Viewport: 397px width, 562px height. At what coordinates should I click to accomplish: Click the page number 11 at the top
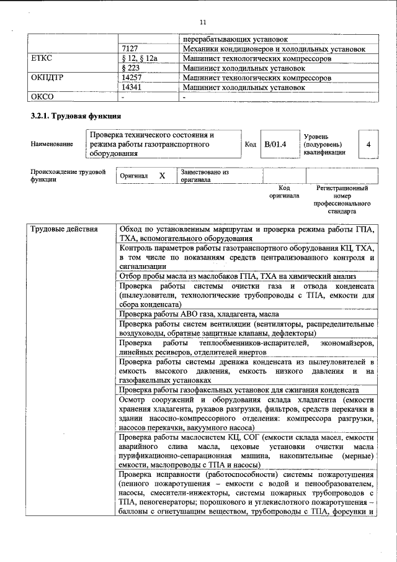tap(202, 22)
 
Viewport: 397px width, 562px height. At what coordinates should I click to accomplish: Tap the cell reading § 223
tap(132, 68)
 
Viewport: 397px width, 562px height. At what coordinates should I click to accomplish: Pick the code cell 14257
tap(134, 78)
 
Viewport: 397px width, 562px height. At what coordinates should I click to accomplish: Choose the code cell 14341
tap(134, 88)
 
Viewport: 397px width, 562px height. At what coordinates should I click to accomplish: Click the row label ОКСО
tap(43, 97)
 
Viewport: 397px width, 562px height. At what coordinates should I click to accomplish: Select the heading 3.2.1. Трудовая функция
tap(76, 116)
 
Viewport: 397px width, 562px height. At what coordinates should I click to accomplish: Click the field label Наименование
tap(51, 144)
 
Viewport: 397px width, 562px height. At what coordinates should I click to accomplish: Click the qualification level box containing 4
tap(368, 144)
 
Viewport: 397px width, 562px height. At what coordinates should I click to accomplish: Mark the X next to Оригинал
tap(162, 176)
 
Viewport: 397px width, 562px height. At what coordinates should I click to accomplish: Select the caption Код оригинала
tap(284, 191)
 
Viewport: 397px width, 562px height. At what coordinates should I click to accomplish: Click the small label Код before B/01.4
tap(251, 144)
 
